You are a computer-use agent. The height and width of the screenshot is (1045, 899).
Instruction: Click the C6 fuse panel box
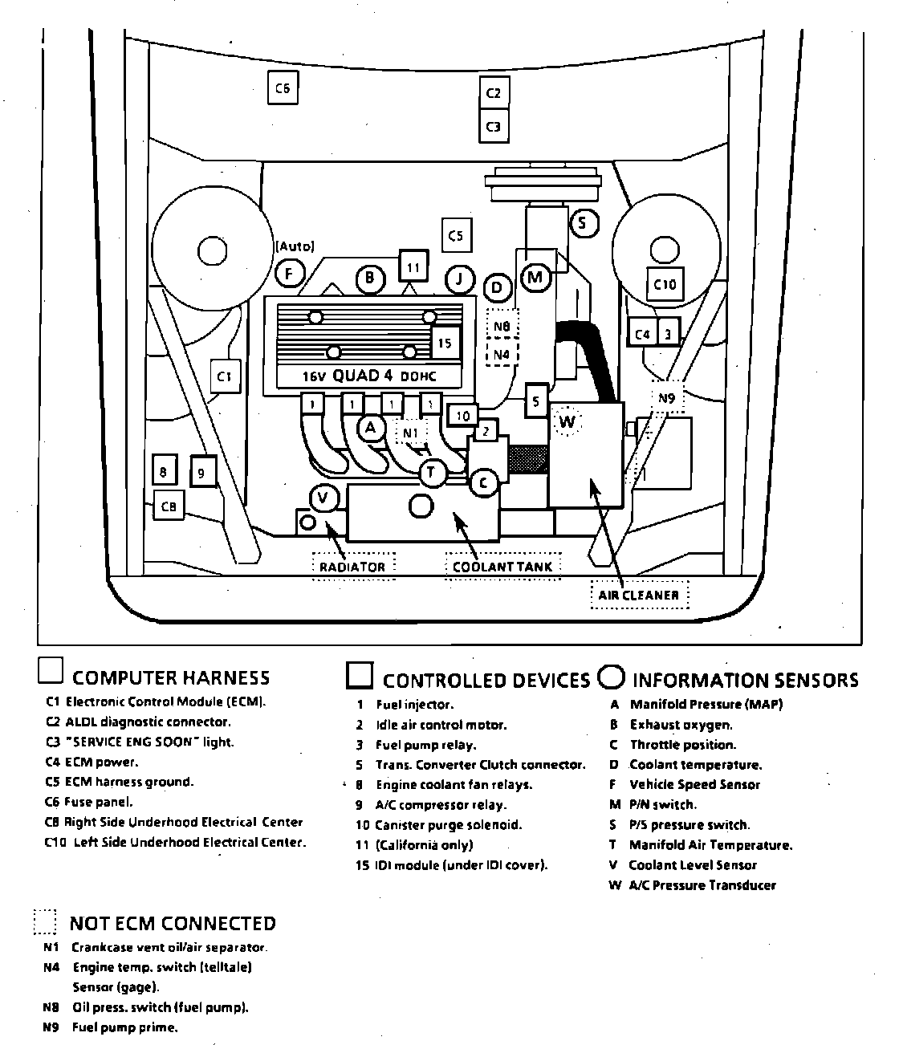coord(283,88)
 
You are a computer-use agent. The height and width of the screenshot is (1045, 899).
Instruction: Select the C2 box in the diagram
coord(494,93)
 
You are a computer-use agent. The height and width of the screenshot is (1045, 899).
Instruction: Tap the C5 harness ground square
coord(456,236)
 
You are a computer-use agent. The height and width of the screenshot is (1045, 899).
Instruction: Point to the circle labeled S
coord(584,222)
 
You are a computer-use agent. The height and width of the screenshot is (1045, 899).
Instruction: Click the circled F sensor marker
coord(289,274)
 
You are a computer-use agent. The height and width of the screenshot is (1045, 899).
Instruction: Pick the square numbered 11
coord(413,267)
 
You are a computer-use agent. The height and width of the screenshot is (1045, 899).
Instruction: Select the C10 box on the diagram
coord(665,284)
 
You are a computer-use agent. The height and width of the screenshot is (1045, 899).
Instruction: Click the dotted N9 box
coord(666,397)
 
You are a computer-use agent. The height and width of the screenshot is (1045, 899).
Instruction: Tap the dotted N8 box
coord(502,327)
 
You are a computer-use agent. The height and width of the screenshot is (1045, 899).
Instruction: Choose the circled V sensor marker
coord(323,498)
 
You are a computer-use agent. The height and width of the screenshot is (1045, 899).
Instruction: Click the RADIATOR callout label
coord(352,566)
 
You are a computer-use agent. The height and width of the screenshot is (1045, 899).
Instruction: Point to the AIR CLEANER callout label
coord(639,595)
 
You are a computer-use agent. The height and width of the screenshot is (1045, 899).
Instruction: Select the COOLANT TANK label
coord(502,566)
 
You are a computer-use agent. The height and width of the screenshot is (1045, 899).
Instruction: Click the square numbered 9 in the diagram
coord(202,473)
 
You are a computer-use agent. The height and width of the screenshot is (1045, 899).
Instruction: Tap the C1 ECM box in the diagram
coord(226,376)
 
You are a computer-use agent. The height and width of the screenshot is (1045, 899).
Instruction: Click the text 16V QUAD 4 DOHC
coord(370,376)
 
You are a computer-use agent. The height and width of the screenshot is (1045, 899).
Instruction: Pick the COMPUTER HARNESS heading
coord(171,678)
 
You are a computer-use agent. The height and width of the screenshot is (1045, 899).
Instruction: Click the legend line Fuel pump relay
coord(425,745)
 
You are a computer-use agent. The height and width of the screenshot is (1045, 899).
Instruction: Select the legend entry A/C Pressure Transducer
coord(702,885)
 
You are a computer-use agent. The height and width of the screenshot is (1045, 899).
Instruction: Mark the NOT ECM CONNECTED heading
coord(173,923)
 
